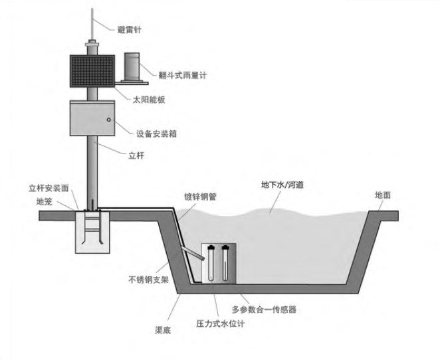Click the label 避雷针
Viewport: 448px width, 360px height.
(x=129, y=29)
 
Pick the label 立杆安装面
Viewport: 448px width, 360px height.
(x=49, y=188)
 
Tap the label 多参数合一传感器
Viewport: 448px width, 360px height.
(x=264, y=309)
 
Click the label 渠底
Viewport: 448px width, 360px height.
(x=162, y=329)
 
